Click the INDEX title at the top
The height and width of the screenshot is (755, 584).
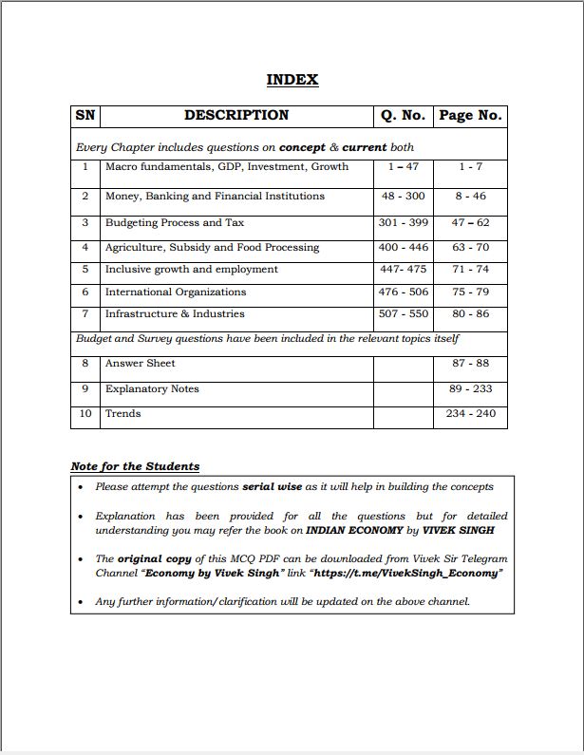tap(292, 80)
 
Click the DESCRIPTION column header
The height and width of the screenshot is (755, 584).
tap(236, 116)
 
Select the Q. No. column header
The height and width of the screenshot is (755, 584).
tap(403, 116)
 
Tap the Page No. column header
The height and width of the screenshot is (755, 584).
tap(469, 116)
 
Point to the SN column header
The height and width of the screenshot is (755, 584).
tap(85, 116)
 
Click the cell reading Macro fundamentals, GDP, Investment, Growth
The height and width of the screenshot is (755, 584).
tap(226, 167)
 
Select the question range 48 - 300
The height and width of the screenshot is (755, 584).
tap(403, 197)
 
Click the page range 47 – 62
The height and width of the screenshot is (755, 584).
tap(470, 223)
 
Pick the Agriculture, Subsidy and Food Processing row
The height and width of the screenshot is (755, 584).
tap(212, 248)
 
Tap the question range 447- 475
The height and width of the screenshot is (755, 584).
tap(403, 270)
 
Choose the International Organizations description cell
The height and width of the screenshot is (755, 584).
tap(175, 293)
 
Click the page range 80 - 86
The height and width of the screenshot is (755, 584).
tap(470, 314)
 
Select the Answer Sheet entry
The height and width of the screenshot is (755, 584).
tap(140, 364)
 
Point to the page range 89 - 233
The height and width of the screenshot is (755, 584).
tap(470, 389)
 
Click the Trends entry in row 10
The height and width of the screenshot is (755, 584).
tap(122, 414)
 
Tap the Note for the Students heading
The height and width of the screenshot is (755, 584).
tap(135, 466)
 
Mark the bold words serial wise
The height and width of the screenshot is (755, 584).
tap(272, 487)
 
